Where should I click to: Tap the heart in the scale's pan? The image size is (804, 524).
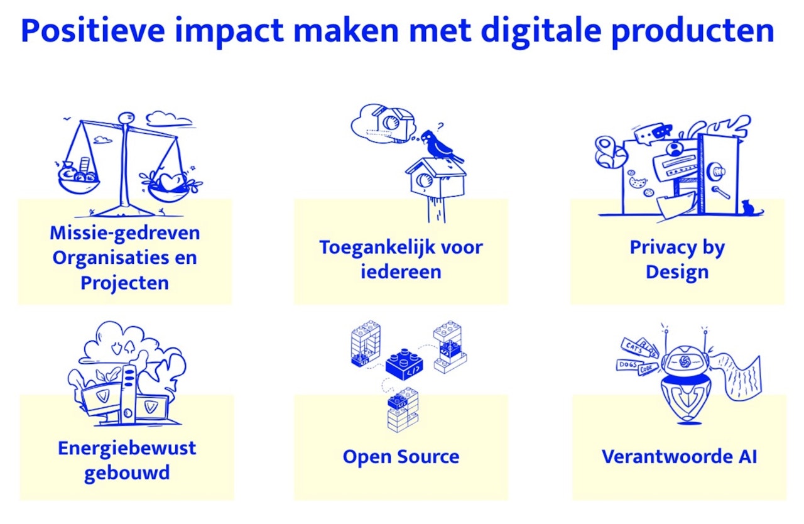(x=168, y=182)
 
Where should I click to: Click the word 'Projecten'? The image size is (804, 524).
(x=124, y=283)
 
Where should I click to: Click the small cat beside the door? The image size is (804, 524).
(x=748, y=207)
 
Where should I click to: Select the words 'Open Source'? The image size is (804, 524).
(x=401, y=456)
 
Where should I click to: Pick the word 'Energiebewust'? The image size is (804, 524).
(x=127, y=448)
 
